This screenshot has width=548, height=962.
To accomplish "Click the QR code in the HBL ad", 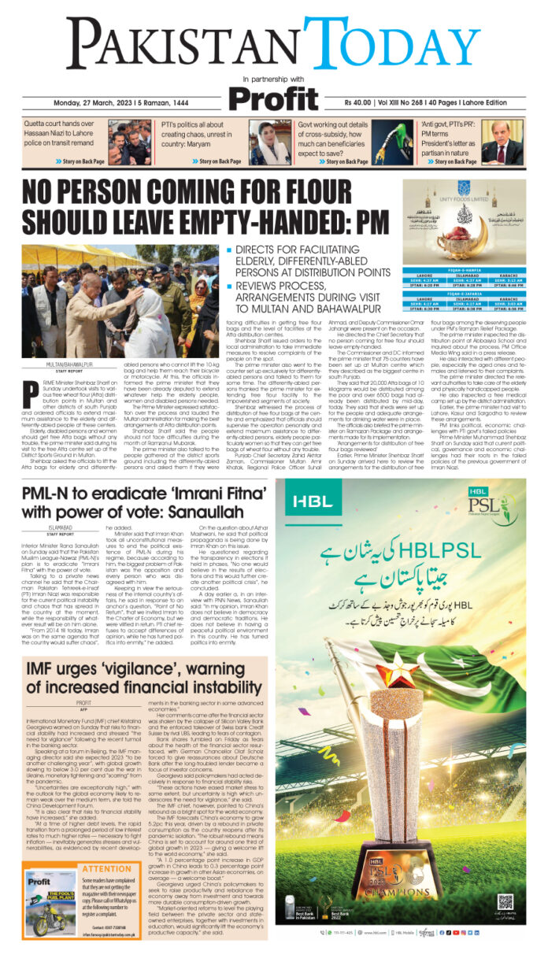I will coord(505,900).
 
